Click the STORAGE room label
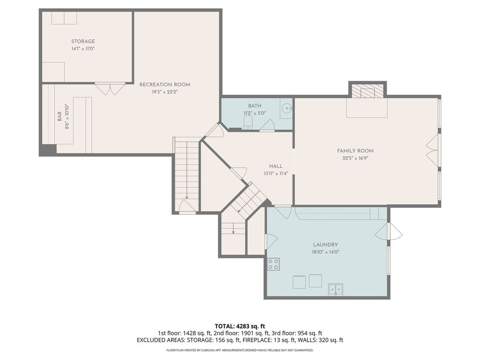(x=83, y=41)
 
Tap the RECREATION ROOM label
(x=165, y=84)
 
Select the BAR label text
(x=60, y=116)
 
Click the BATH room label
(x=255, y=105)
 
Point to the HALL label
(x=276, y=166)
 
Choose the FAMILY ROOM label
(x=355, y=150)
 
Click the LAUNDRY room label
(x=325, y=245)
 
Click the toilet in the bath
(x=248, y=123)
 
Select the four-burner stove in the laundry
(x=273, y=264)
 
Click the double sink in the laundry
(x=336, y=290)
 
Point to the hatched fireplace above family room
(x=367, y=90)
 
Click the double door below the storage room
(x=110, y=88)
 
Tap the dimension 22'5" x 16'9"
(x=355, y=158)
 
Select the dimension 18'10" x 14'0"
(x=325, y=252)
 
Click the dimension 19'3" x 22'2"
(x=165, y=92)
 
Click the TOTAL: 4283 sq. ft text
(x=240, y=326)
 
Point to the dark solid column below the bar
(x=48, y=150)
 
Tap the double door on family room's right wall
(x=433, y=150)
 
